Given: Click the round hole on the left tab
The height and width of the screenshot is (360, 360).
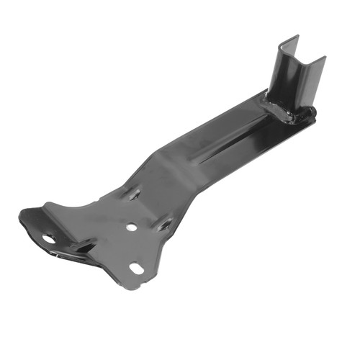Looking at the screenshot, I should click(x=49, y=238).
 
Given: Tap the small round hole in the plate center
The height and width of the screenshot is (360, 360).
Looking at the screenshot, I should click(x=131, y=227).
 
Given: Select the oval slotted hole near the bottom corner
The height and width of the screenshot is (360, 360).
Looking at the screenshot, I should click(x=136, y=269).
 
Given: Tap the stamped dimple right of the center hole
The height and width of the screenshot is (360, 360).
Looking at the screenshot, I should click(x=164, y=225).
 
